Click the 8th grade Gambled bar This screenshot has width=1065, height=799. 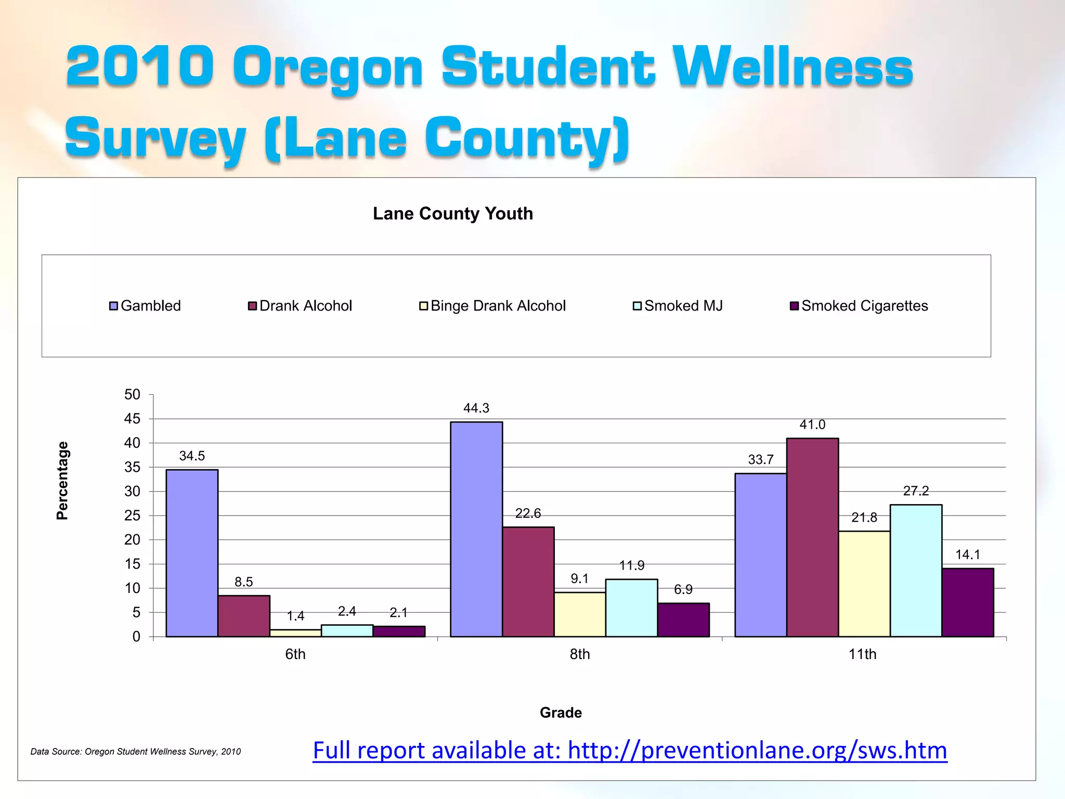pyautogui.click(x=476, y=529)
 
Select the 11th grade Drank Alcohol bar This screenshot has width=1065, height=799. pyautogui.click(x=812, y=537)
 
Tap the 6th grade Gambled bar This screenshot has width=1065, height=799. pyautogui.click(x=192, y=553)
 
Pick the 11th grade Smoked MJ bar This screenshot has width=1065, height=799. pyautogui.click(x=916, y=571)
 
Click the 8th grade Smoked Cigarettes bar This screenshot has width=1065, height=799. pyautogui.click(x=683, y=620)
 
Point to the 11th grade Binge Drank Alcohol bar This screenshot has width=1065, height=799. pyautogui.click(x=864, y=584)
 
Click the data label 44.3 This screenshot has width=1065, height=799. pyautogui.click(x=476, y=408)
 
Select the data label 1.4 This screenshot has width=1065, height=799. pyautogui.click(x=295, y=616)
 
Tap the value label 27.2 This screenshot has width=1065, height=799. pyautogui.click(x=916, y=491)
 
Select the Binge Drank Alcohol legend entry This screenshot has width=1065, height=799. pyautogui.click(x=492, y=306)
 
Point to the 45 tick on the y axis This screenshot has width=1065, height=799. pyautogui.click(x=132, y=419)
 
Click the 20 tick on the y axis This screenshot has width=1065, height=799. pyautogui.click(x=132, y=540)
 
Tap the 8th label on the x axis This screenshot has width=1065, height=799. pyautogui.click(x=579, y=654)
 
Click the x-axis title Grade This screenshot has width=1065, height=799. pyautogui.click(x=561, y=713)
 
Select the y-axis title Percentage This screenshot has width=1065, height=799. pyautogui.click(x=62, y=481)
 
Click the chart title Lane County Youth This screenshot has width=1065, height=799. pyautogui.click(x=453, y=214)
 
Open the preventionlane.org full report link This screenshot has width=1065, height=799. pyautogui.click(x=630, y=751)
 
